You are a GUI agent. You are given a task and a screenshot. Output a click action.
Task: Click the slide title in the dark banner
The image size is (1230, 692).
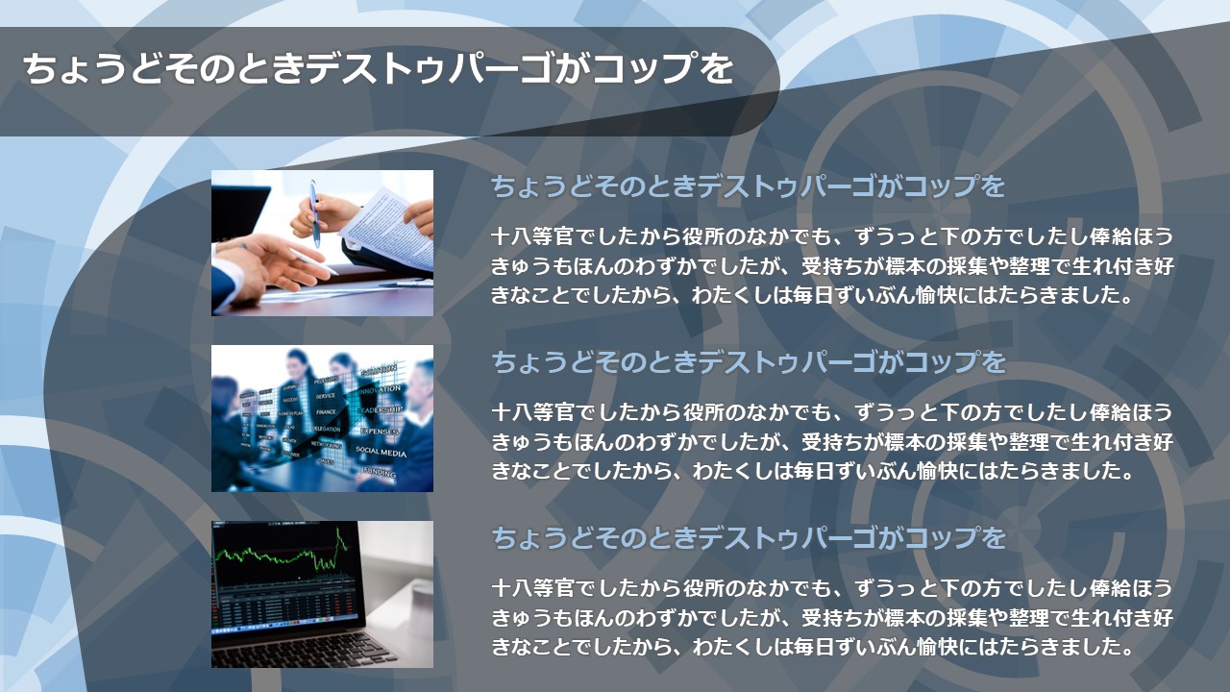(x=378, y=68)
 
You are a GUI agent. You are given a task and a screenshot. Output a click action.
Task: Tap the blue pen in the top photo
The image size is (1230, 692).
(x=314, y=213)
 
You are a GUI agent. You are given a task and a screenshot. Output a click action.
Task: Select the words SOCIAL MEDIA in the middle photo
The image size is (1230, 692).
(x=381, y=452)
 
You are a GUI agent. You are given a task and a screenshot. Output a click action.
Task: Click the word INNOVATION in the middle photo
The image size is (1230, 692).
(x=380, y=390)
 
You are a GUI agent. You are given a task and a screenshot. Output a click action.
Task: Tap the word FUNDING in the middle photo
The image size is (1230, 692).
(x=379, y=472)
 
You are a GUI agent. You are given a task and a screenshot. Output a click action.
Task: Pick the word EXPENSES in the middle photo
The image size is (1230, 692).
(x=379, y=432)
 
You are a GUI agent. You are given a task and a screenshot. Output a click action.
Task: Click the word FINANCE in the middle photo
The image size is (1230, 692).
(x=326, y=412)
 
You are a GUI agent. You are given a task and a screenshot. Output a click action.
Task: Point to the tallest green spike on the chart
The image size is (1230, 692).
(x=338, y=531)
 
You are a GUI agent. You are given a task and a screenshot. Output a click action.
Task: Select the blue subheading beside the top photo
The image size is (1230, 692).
(x=748, y=186)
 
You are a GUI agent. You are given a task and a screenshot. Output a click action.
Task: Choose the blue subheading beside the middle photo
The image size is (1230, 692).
(x=748, y=362)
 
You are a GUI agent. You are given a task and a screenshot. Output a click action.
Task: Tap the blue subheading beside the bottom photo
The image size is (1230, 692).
(x=748, y=537)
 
